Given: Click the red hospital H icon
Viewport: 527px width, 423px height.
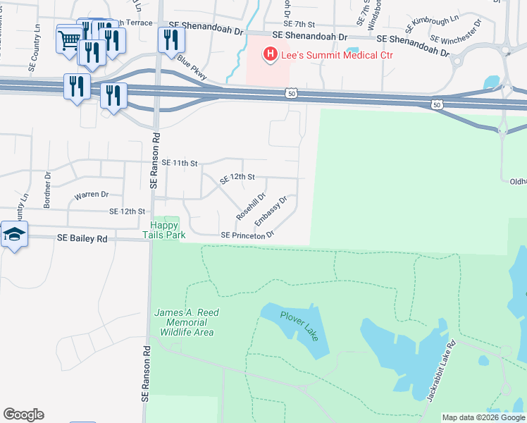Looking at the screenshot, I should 268,54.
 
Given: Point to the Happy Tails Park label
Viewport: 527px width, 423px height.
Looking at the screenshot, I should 165,230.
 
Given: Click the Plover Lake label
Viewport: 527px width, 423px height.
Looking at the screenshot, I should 299,326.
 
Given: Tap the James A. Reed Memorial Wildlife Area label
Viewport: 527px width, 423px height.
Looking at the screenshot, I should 187,322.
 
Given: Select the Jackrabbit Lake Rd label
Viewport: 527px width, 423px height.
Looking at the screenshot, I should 441,371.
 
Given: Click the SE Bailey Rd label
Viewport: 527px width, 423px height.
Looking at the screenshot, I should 84,239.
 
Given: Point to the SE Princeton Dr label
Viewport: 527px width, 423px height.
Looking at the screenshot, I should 247,235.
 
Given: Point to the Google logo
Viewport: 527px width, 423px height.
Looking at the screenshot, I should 23,415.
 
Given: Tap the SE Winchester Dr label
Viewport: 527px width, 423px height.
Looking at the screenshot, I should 456,32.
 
